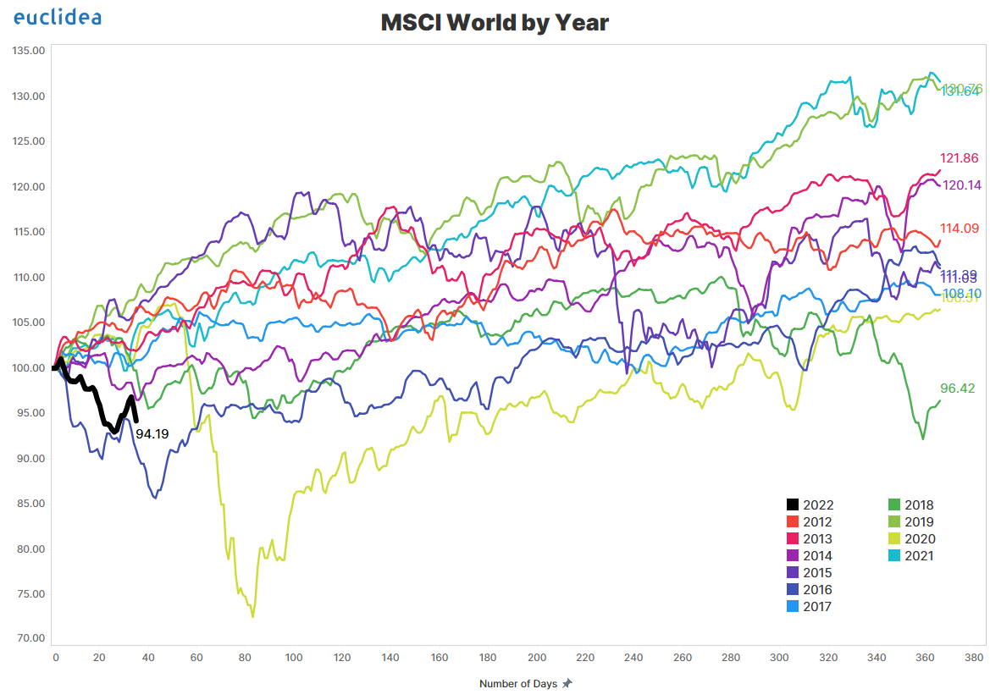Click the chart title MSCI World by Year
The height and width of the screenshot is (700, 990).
click(x=495, y=23)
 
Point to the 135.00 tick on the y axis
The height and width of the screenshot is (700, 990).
click(x=29, y=51)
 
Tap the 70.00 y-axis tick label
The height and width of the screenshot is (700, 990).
click(x=29, y=639)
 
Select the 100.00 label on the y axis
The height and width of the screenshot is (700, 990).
click(x=29, y=368)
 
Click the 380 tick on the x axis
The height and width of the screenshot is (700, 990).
click(x=974, y=658)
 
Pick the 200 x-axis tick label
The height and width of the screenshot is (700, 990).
click(x=536, y=658)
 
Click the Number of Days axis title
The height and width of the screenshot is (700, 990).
click(x=518, y=684)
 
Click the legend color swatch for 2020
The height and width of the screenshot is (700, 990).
click(x=893, y=539)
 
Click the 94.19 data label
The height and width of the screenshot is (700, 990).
click(x=152, y=434)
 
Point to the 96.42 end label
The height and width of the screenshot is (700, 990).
click(x=957, y=389)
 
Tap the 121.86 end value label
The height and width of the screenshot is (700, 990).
click(x=959, y=158)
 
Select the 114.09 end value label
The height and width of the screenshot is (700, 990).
click(x=959, y=228)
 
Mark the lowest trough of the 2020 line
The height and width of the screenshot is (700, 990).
click(x=252, y=617)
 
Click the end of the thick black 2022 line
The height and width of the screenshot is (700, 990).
click(x=136, y=420)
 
